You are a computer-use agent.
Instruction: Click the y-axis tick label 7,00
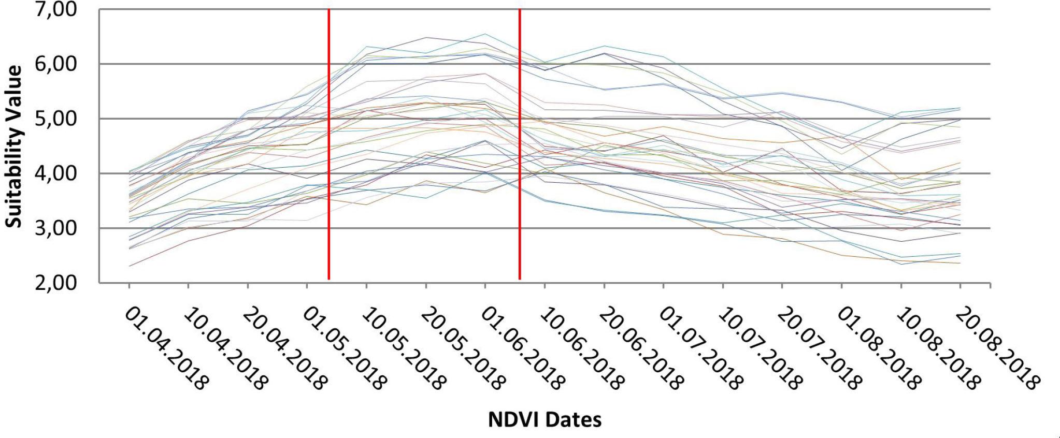pyautogui.click(x=55, y=10)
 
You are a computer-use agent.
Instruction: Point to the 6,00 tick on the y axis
pyautogui.click(x=55, y=64)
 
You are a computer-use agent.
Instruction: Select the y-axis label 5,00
pyautogui.click(x=55, y=119)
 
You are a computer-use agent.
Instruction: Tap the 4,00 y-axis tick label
pyautogui.click(x=55, y=173)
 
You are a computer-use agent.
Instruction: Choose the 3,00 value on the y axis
pyautogui.click(x=55, y=228)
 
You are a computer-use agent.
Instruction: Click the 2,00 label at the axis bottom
pyautogui.click(x=55, y=283)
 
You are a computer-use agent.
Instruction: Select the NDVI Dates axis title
pyautogui.click(x=545, y=419)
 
